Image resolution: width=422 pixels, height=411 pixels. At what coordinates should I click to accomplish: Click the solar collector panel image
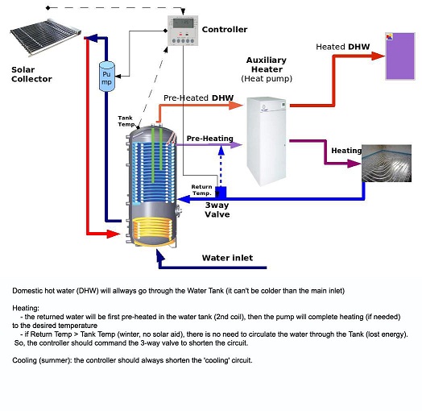[45, 36]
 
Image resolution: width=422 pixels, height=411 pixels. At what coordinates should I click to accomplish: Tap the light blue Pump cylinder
[107, 77]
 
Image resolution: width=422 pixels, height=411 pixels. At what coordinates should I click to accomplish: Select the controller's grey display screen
[183, 23]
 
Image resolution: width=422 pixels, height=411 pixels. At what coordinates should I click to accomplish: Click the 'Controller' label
[225, 29]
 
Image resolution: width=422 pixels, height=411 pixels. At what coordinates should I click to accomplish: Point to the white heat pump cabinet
[267, 141]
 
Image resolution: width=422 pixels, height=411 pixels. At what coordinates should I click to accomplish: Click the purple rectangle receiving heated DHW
[400, 56]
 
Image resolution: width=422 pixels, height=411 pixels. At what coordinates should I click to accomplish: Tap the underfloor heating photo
[387, 164]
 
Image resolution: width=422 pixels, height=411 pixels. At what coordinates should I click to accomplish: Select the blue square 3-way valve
[221, 193]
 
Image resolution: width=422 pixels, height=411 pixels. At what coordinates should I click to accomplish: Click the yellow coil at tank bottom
[152, 230]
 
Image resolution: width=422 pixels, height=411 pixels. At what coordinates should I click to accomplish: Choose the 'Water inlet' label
[227, 258]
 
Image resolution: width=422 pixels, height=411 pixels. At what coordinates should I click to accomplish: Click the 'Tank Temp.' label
[126, 121]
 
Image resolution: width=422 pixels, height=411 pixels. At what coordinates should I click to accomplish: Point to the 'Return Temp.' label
[202, 190]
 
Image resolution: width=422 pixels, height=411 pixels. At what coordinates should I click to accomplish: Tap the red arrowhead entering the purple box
[379, 56]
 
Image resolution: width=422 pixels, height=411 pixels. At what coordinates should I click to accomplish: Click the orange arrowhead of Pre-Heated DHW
[236, 106]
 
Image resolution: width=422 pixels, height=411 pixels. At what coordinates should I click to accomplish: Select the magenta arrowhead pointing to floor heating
[354, 164]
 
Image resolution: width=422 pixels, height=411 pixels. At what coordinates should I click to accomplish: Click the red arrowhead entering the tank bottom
[114, 234]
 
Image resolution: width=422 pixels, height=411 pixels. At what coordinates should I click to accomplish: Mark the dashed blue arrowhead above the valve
[221, 150]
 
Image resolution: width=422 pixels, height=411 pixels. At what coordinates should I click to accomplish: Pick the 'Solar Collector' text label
[31, 74]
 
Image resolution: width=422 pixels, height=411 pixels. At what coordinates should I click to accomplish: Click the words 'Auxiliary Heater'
[267, 64]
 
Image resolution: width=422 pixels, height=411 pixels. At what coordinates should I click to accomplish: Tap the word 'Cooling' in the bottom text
[24, 360]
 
